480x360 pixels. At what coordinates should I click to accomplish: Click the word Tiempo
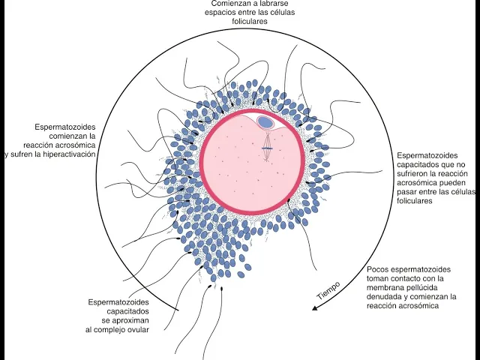pyautogui.click(x=328, y=291)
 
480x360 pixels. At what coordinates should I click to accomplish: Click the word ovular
pyautogui.click(x=137, y=329)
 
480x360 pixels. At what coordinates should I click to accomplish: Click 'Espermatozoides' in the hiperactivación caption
pyautogui.click(x=65, y=127)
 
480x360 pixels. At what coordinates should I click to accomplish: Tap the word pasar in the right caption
pyautogui.click(x=408, y=192)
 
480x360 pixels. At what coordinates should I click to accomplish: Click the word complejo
pyautogui.click(x=109, y=329)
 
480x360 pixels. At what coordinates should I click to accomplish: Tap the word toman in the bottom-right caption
pyautogui.click(x=378, y=278)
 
